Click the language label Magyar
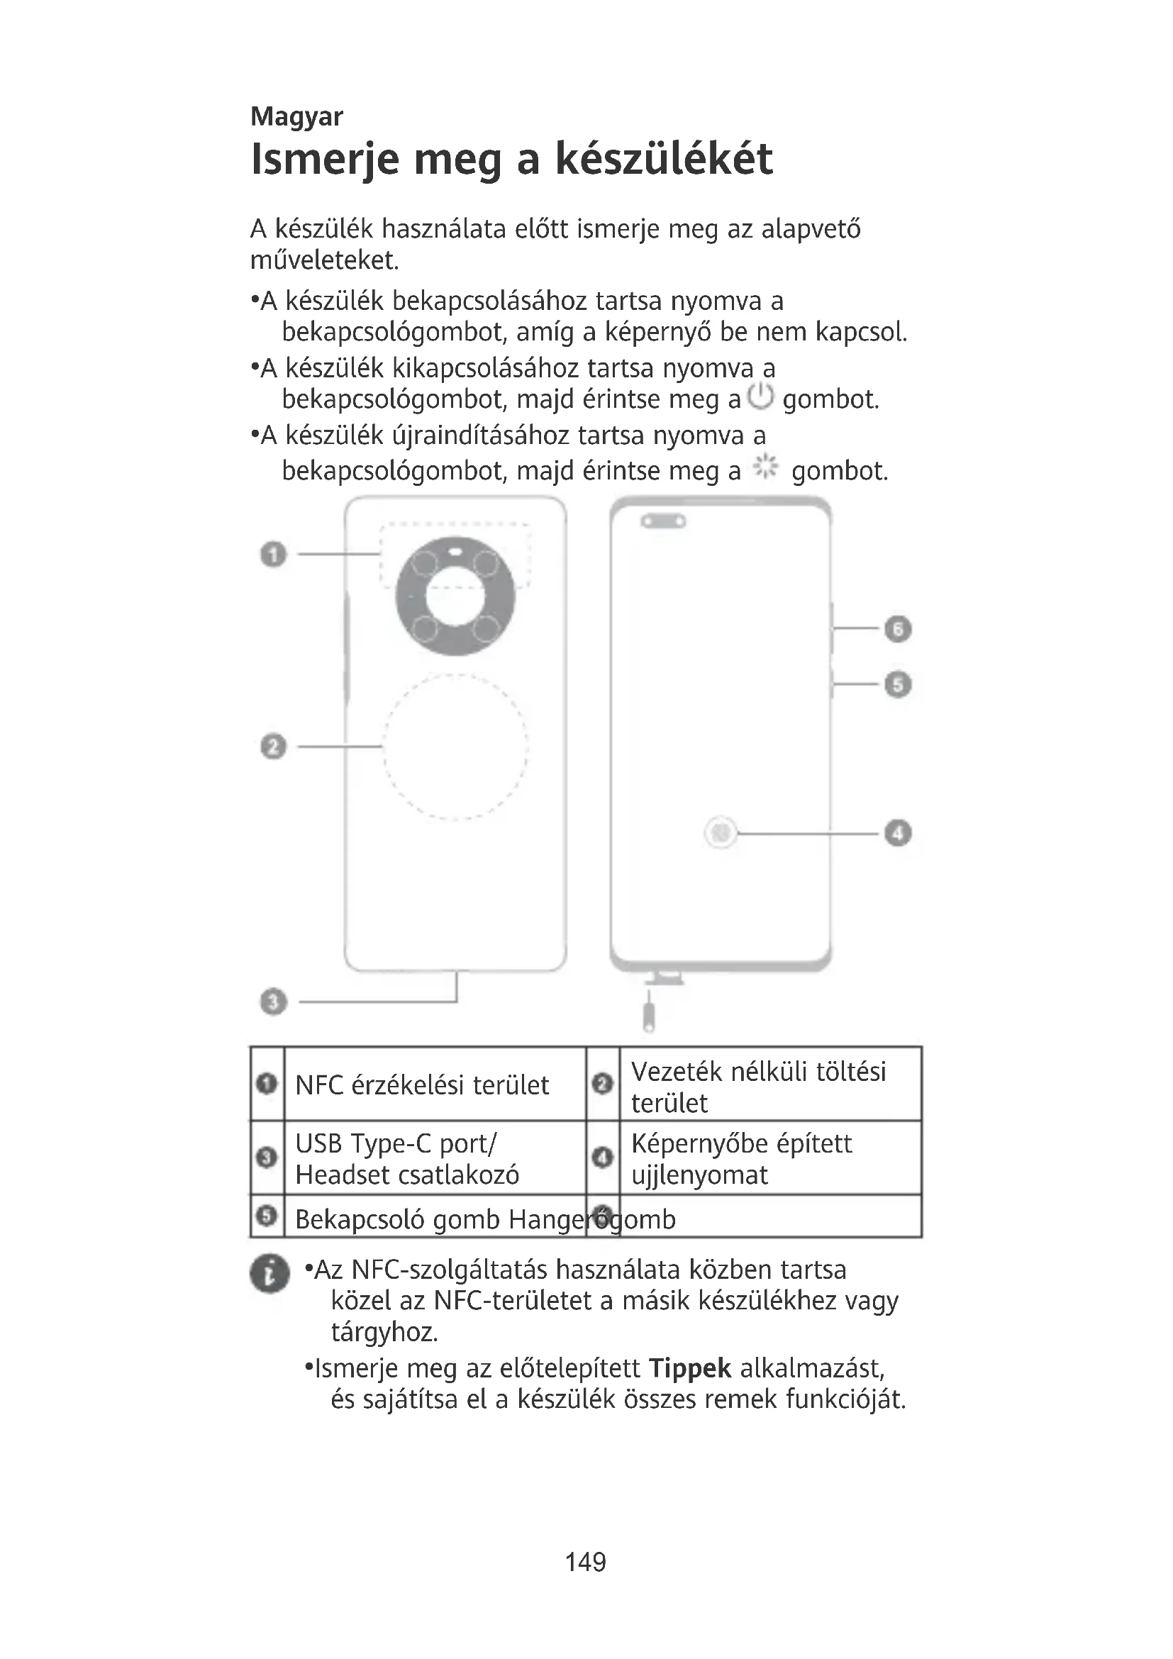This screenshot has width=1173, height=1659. pyautogui.click(x=296, y=116)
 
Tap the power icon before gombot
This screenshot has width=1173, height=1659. pyautogui.click(x=760, y=396)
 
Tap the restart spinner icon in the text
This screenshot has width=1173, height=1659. pyautogui.click(x=765, y=468)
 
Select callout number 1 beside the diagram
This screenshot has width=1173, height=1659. pyautogui.click(x=273, y=554)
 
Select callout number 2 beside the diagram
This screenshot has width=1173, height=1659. pyautogui.click(x=273, y=745)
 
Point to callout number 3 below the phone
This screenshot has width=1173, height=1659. pyautogui.click(x=273, y=1001)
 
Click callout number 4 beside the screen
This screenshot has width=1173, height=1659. pyautogui.click(x=897, y=833)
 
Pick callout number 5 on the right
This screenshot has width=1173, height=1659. pyautogui.click(x=897, y=684)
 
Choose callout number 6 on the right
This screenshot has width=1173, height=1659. pyautogui.click(x=897, y=628)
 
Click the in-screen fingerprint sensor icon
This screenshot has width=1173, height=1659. pyautogui.click(x=720, y=833)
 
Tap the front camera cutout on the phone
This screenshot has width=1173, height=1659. pyautogui.click(x=664, y=521)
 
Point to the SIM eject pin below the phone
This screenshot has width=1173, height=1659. pyautogui.click(x=649, y=1016)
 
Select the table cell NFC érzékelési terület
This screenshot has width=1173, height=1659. pyautogui.click(x=422, y=1085)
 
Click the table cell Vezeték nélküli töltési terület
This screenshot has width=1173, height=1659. pyautogui.click(x=758, y=1086)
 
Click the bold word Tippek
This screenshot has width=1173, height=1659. pyautogui.click(x=690, y=1367)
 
